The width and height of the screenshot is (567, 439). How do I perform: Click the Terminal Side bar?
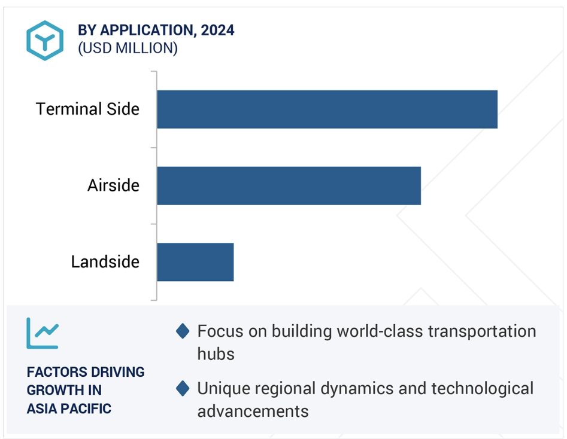327,109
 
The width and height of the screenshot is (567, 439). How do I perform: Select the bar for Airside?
289,186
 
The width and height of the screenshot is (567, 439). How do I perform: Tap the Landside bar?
195,262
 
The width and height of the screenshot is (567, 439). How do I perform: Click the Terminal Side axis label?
87,109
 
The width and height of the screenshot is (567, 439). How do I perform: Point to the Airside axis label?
113,186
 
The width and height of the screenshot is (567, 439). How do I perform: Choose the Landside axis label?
105,262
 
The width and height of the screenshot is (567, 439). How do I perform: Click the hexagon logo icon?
44,40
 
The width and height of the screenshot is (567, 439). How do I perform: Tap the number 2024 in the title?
217,31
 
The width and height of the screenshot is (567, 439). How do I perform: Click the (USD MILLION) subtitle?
128,48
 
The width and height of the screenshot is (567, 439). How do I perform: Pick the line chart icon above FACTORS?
43,333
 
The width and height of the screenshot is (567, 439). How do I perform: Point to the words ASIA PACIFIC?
69,409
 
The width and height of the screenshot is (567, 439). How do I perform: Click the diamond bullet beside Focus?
183,331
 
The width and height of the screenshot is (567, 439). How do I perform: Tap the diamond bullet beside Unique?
183,389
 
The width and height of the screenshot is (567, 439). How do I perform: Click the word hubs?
216,353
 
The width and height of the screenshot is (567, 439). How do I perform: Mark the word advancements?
253,411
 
